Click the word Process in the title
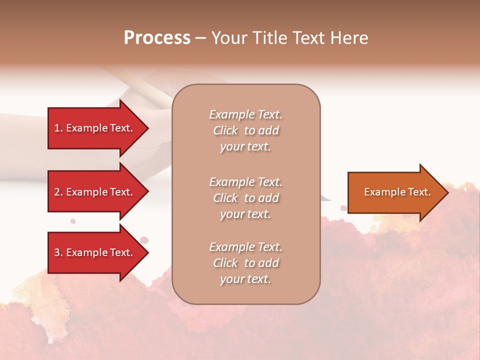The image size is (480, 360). coord(157,38)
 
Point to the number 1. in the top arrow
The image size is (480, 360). coord(58,128)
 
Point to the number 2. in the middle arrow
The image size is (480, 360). coord(58,192)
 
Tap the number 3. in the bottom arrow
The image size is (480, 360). coord(58,252)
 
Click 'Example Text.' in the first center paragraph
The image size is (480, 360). coord(245,114)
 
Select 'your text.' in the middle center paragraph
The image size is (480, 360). coord(245,214)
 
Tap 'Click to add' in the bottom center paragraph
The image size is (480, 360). coord(245,263)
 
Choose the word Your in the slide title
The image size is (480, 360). coord(228,38)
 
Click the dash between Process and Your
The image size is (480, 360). coord(200,38)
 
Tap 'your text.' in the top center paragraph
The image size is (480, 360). coord(245,147)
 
